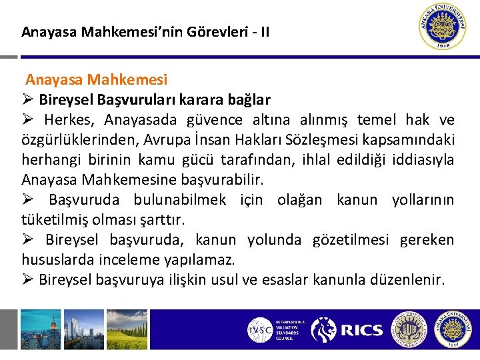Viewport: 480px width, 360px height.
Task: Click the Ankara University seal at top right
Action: pyautogui.click(x=444, y=27)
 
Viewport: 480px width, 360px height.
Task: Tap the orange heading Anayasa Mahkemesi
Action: pyautogui.click(x=97, y=80)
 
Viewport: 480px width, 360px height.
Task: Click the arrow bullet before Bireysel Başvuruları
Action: pyautogui.click(x=28, y=100)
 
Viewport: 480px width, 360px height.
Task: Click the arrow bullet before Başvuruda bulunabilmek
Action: pyautogui.click(x=28, y=200)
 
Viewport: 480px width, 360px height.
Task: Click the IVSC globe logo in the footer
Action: pyautogui.click(x=259, y=329)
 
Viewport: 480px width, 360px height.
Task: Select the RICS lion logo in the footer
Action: pyautogui.click(x=324, y=329)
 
